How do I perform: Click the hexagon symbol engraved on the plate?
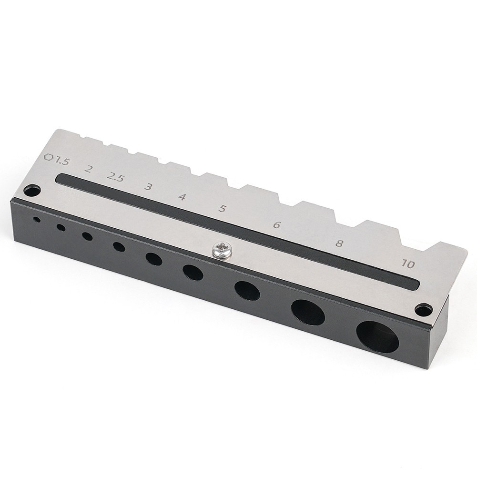tap(49, 158)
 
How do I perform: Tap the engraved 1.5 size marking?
tap(62, 161)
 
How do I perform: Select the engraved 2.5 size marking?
tap(115, 178)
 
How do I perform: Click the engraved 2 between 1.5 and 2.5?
tap(88, 169)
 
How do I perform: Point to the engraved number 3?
tap(148, 186)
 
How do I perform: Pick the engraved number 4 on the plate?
tap(182, 197)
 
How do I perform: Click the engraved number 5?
tap(223, 209)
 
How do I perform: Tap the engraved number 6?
tap(276, 225)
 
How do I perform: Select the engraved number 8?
tap(339, 244)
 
